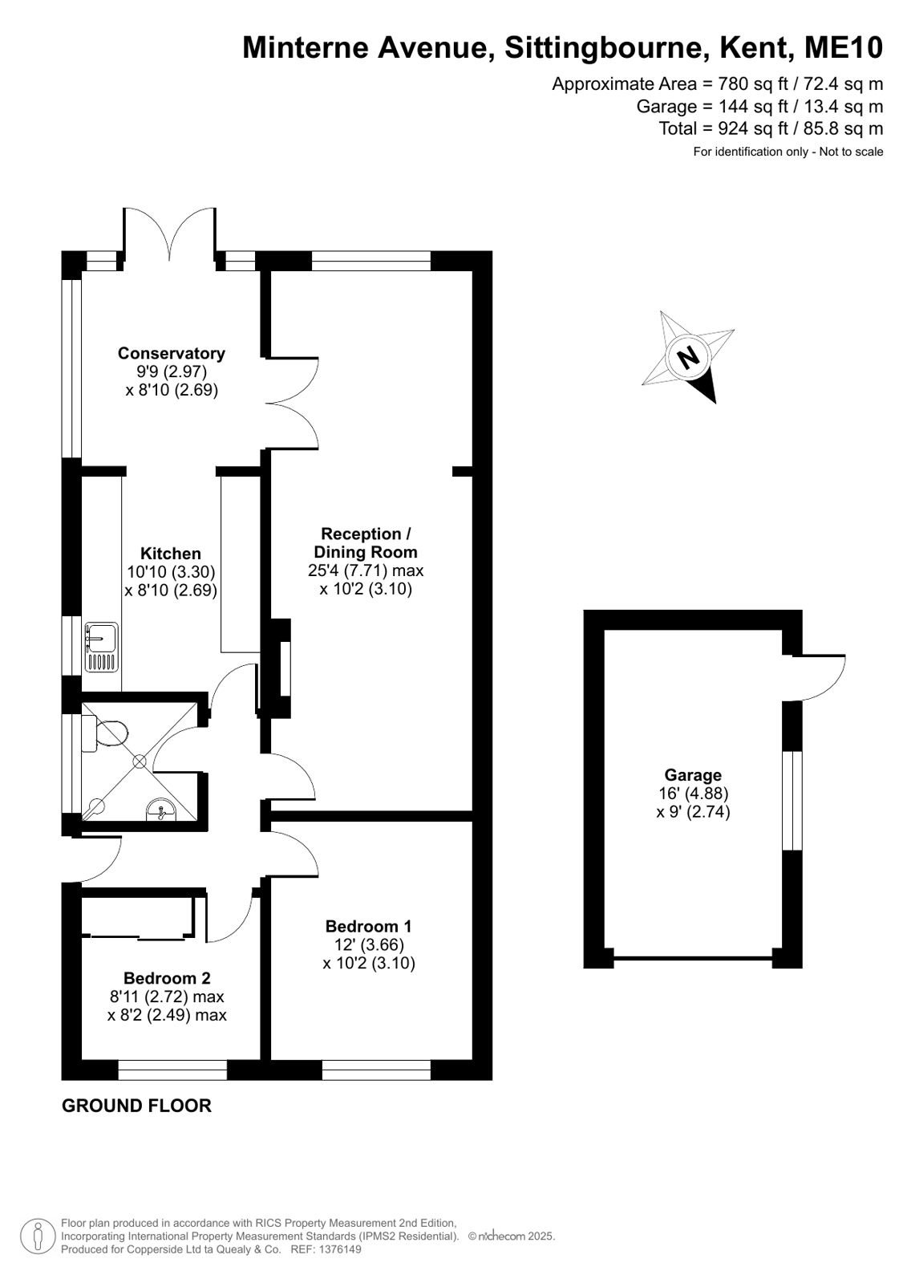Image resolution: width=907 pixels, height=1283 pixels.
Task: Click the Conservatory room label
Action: [x=171, y=353]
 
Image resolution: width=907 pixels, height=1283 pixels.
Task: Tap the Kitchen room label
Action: [x=171, y=554]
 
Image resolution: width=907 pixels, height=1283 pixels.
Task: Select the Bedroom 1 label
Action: [x=369, y=926]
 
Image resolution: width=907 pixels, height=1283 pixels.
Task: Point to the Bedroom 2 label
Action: [x=167, y=978]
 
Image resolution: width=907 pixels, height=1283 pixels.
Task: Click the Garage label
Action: [x=693, y=775]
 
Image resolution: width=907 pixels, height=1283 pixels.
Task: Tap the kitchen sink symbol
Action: [x=101, y=647]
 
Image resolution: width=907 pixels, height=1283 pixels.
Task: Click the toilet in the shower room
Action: [x=105, y=733]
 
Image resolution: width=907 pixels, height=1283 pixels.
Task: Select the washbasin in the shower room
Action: [x=161, y=810]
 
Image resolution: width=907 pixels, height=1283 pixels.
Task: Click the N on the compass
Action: [x=688, y=357]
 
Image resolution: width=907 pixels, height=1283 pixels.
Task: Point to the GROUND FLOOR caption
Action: [x=137, y=1122]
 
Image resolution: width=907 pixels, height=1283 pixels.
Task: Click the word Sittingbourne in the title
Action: [x=604, y=48]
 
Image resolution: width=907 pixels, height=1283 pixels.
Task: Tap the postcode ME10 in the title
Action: [x=844, y=47]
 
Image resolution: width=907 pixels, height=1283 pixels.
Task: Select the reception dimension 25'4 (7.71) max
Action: [x=366, y=570]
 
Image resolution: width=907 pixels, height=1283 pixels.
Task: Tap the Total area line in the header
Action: [x=771, y=128]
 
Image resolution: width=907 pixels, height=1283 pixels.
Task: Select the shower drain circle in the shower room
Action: [x=140, y=761]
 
